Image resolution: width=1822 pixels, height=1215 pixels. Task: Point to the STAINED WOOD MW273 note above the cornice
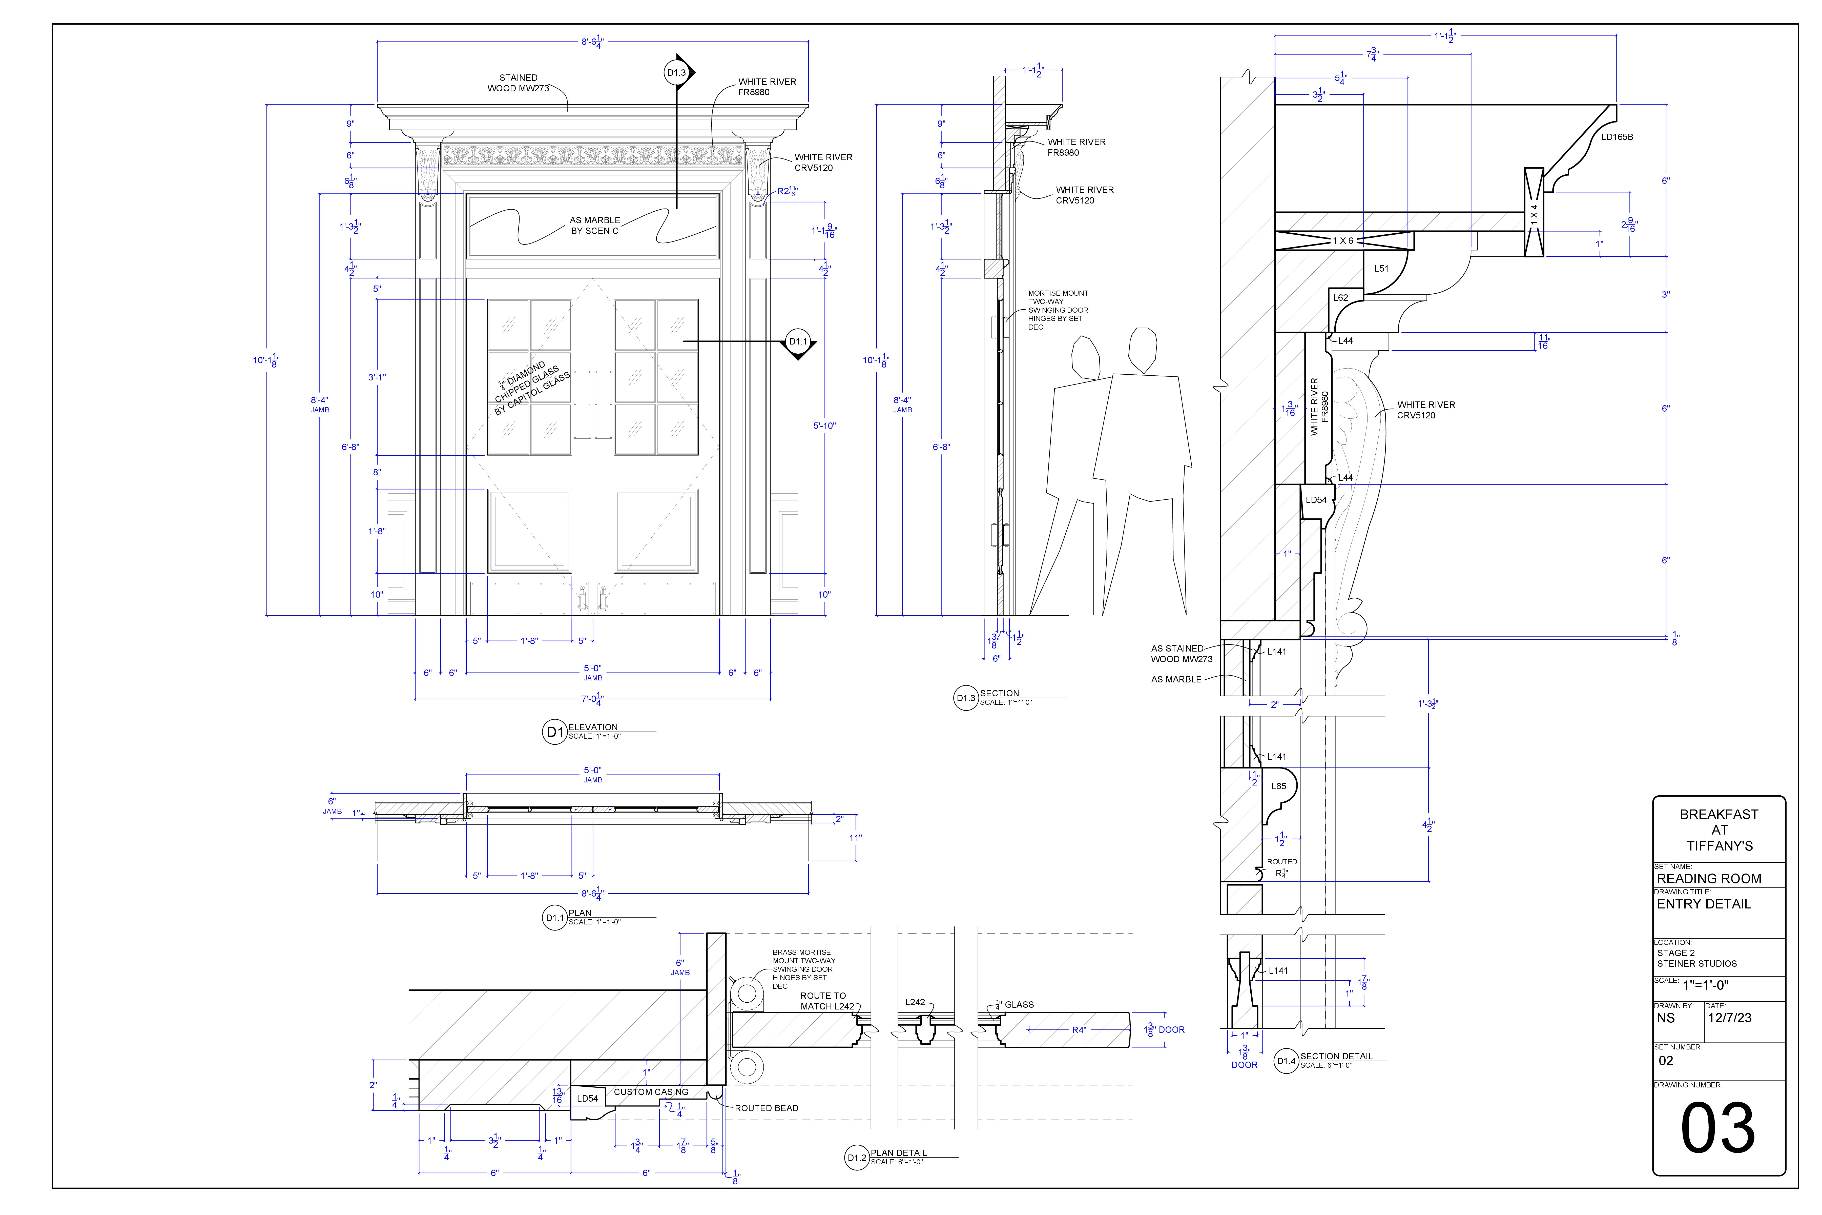(518, 83)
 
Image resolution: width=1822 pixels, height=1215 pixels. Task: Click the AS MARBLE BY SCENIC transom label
(595, 226)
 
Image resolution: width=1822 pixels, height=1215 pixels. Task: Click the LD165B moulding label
(1618, 137)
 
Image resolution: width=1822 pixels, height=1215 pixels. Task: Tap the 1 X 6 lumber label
(1343, 241)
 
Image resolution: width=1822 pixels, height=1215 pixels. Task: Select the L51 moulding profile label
(1381, 269)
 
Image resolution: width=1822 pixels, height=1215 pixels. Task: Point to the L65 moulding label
(1279, 786)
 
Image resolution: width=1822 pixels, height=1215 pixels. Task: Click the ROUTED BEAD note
(766, 1108)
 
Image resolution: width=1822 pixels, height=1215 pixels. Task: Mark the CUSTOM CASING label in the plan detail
(651, 1092)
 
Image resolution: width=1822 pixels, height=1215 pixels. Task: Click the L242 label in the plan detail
(915, 1002)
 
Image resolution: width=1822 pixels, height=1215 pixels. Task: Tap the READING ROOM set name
(1709, 879)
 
